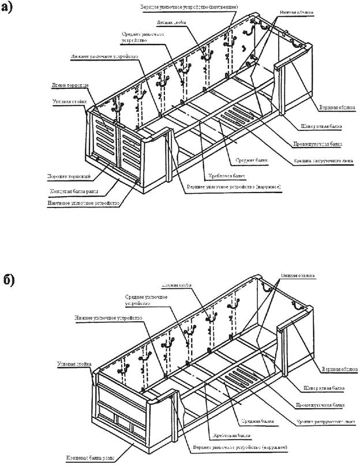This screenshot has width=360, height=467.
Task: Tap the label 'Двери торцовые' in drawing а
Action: tap(69, 85)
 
